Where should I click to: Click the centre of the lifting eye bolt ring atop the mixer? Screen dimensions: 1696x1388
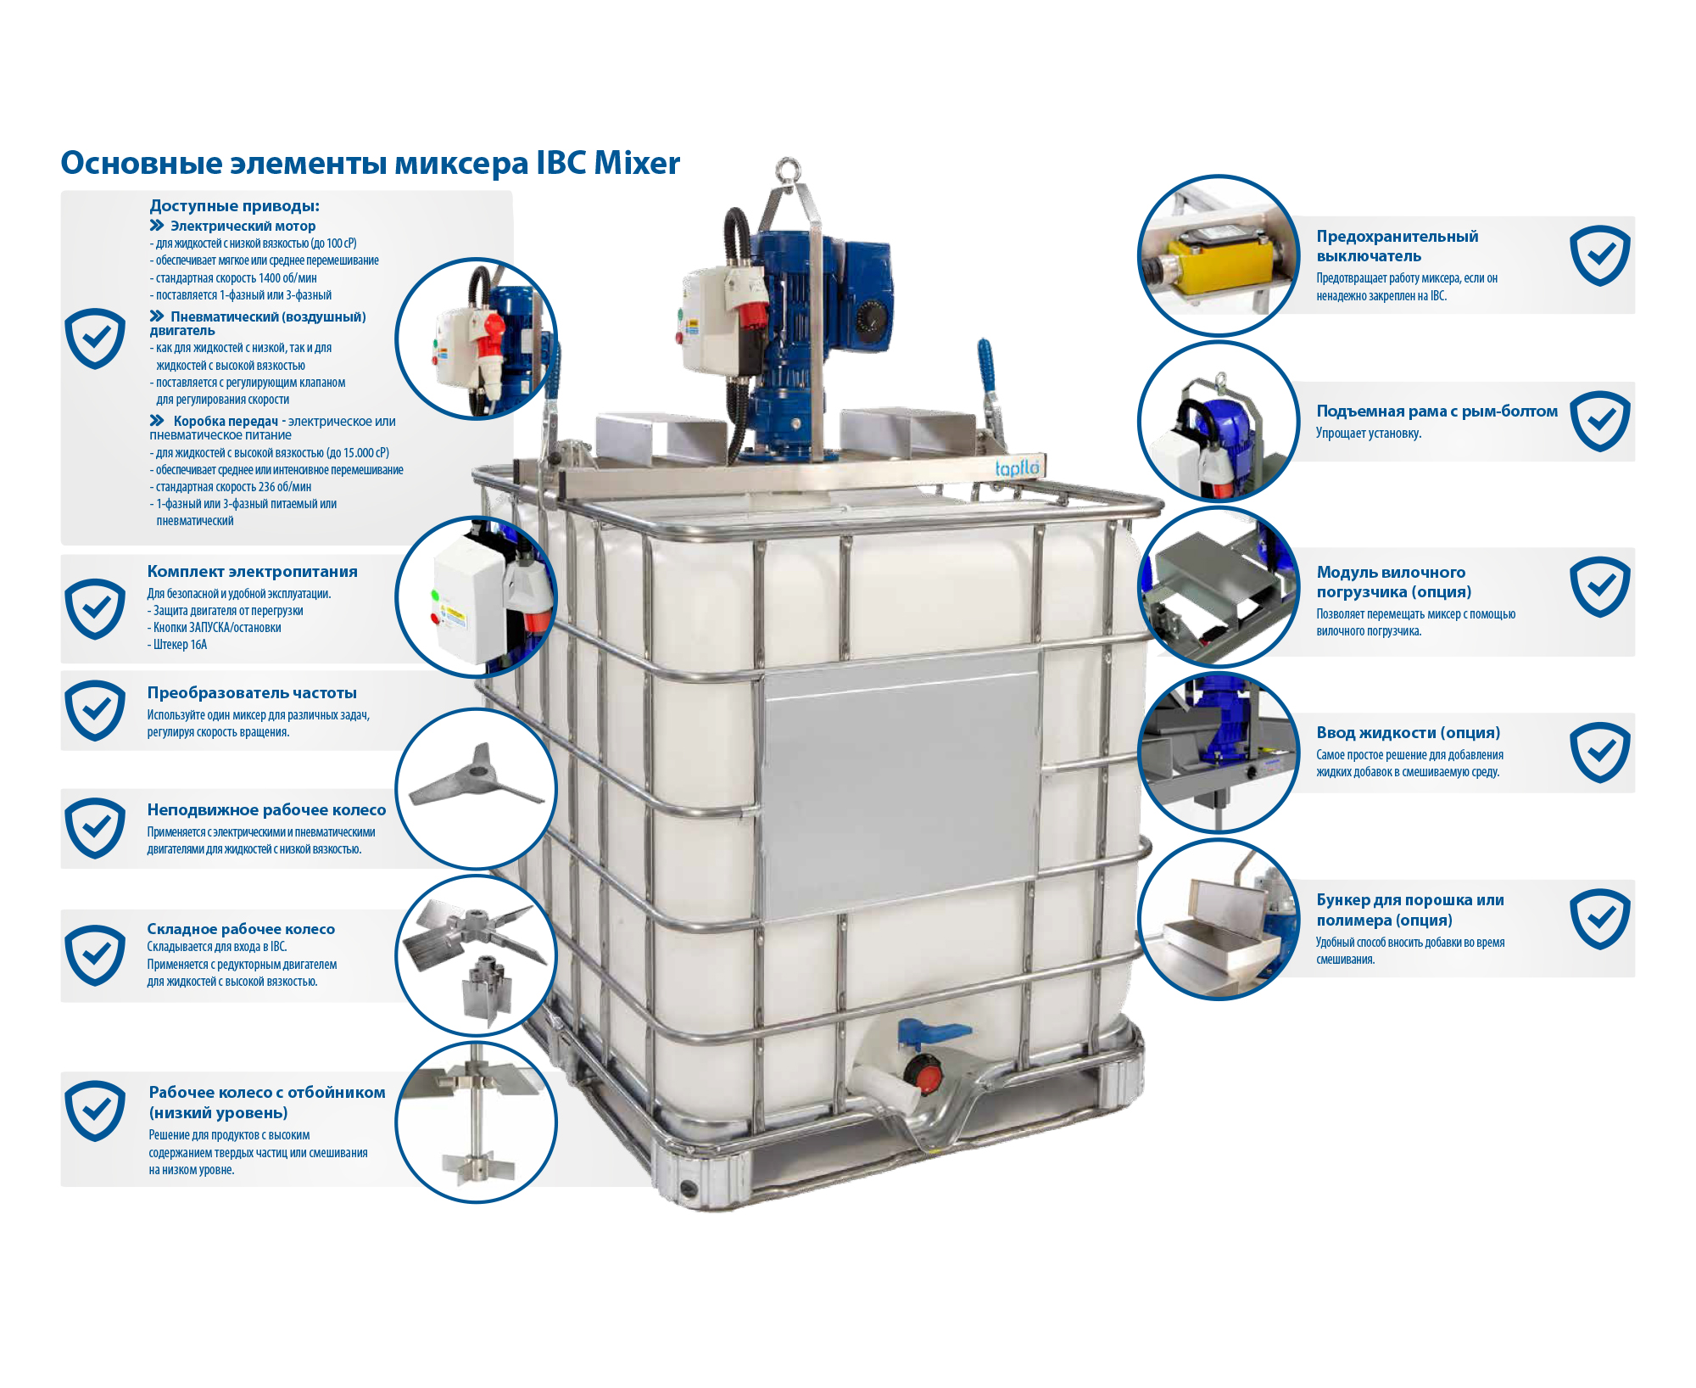click(789, 168)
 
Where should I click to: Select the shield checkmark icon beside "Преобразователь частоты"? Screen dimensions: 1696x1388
click(95, 710)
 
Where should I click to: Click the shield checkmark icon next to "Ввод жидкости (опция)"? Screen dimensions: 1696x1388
click(1599, 753)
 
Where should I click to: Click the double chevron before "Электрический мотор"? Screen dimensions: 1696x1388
click(157, 226)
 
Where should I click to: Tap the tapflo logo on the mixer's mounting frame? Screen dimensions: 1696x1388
click(1017, 467)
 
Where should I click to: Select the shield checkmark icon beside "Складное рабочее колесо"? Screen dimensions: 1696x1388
click(95, 955)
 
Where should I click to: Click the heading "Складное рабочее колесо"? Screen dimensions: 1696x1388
click(241, 929)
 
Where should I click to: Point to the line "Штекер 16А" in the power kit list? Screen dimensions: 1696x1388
click(180, 645)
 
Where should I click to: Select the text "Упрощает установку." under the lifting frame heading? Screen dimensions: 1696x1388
click(1369, 434)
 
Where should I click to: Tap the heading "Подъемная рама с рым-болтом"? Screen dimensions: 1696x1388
click(1437, 411)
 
